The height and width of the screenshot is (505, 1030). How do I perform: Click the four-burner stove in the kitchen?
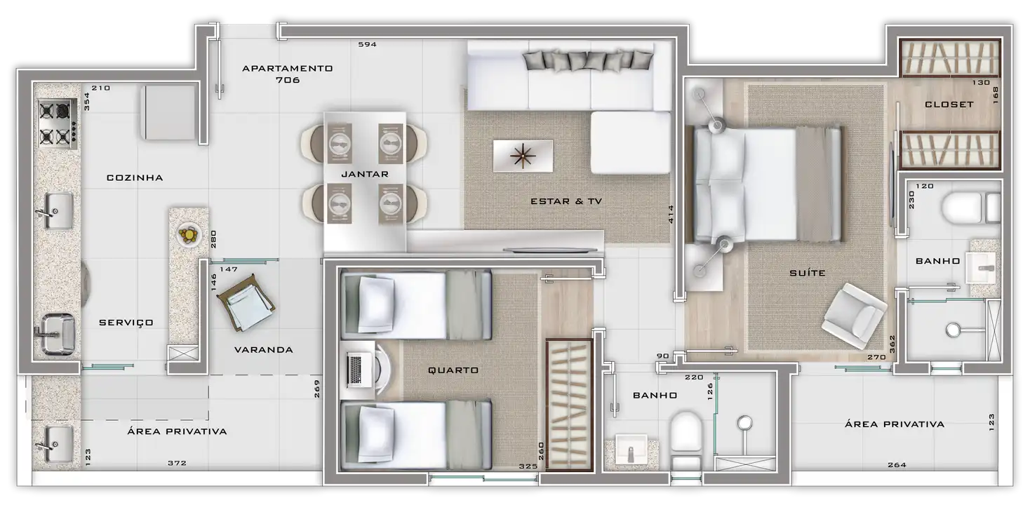[x=58, y=124]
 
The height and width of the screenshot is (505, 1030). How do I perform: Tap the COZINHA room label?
[x=135, y=178]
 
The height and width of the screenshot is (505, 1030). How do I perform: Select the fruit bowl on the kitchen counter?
[x=189, y=235]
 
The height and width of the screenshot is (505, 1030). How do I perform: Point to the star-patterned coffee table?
[x=523, y=156]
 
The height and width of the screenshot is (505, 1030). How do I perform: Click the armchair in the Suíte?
[x=854, y=315]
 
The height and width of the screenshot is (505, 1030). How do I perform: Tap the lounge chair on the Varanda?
[x=246, y=302]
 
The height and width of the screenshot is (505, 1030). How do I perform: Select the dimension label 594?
[x=368, y=45]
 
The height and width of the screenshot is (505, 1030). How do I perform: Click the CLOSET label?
[x=949, y=105]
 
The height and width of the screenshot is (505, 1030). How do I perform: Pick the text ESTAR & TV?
[x=566, y=201]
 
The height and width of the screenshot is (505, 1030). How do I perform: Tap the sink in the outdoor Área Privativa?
[x=55, y=444]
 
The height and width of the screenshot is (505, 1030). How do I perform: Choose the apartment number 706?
[x=288, y=80]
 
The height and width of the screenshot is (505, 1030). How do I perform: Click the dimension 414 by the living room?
[x=671, y=214]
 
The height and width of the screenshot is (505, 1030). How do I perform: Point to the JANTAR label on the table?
[x=365, y=174]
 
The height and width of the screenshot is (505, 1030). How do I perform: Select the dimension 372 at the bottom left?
[x=177, y=463]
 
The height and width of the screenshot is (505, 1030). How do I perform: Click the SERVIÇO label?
[x=126, y=323]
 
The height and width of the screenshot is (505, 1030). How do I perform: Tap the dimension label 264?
[x=897, y=465]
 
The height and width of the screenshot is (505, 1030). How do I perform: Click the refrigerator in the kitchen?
[x=169, y=112]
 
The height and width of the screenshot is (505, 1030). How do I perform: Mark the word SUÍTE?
[x=808, y=273]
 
